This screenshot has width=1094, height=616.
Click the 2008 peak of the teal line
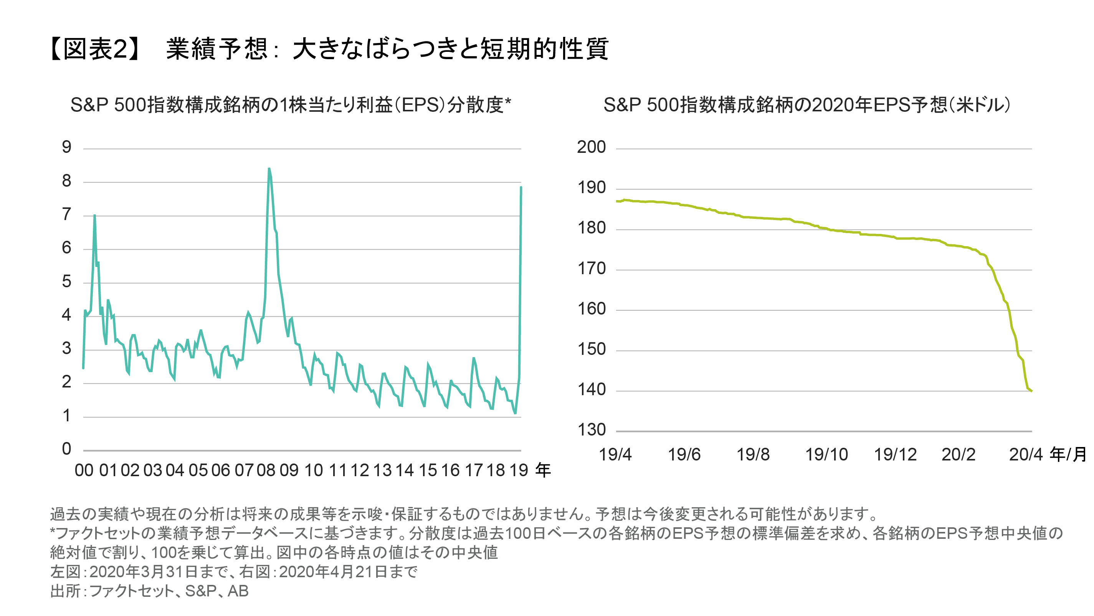tap(269, 169)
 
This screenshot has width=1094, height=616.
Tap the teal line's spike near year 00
tap(94, 215)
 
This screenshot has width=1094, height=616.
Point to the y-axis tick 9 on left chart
tap(66, 147)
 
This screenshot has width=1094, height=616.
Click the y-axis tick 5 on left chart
tap(66, 281)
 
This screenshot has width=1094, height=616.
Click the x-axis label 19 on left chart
tap(518, 470)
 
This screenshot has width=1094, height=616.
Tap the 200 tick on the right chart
tap(591, 147)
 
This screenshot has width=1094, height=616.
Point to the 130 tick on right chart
tap(591, 430)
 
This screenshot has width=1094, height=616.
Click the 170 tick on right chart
tap(591, 268)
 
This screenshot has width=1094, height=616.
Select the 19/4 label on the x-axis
tap(615, 455)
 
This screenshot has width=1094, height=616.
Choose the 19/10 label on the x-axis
tap(826, 455)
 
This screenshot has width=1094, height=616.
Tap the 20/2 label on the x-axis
tap(958, 455)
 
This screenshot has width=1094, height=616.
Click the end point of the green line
tap(1031, 391)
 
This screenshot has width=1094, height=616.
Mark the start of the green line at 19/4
tap(616, 201)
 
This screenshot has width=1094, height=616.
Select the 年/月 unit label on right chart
tap(1068, 455)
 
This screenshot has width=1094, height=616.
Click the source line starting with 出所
tap(149, 591)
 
